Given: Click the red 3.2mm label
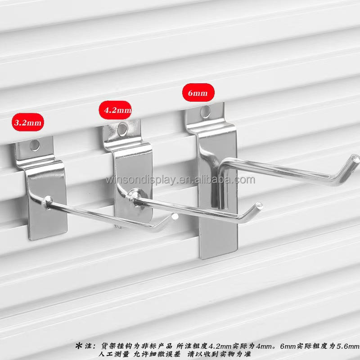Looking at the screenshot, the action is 28,122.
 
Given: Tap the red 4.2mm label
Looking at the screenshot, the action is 115,110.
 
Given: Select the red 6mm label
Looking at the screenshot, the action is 198,93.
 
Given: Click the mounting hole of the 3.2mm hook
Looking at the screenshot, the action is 35,145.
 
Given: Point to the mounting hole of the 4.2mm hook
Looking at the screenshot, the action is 122,129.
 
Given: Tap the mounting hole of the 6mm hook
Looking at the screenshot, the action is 205,112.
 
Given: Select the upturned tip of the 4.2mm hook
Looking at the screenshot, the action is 259,206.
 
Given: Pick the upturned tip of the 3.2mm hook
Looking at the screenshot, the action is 175,216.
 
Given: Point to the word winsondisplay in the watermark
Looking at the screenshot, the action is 141,180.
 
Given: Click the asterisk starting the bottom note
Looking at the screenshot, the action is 79,346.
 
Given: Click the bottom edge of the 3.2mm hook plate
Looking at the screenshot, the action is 48,236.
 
